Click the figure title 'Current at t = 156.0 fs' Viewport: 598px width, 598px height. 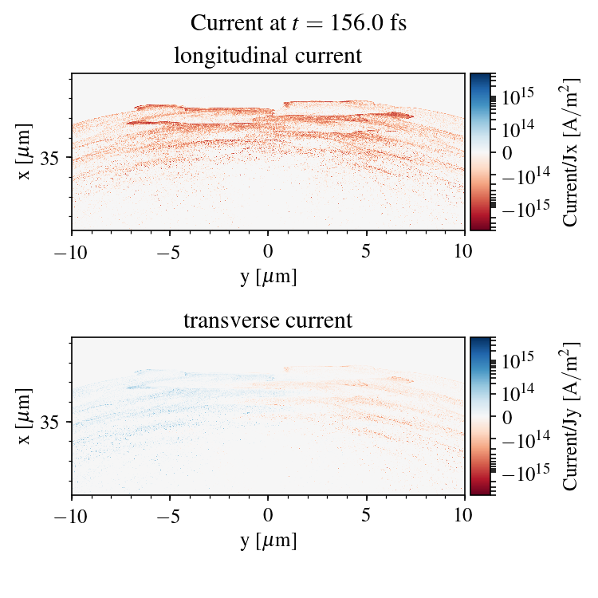click(x=298, y=23)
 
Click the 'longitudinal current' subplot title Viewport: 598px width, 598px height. click(x=268, y=57)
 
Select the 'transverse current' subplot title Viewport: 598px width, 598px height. click(x=268, y=321)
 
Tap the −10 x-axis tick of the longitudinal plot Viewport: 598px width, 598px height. click(x=72, y=251)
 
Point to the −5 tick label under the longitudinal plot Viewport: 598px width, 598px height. click(x=170, y=251)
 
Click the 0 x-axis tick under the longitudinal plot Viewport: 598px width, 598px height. click(x=269, y=251)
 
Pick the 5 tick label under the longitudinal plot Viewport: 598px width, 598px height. click(x=367, y=251)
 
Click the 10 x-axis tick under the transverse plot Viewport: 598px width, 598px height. click(x=465, y=516)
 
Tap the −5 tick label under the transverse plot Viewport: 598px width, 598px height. click(x=170, y=516)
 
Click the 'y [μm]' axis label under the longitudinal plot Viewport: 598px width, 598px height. click(x=268, y=276)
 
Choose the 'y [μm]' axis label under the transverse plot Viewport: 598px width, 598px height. click(x=268, y=541)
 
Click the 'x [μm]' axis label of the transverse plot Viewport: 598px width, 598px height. click(x=25, y=415)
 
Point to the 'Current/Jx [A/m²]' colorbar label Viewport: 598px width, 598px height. click(x=571, y=151)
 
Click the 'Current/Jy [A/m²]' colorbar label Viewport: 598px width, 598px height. click(x=571, y=416)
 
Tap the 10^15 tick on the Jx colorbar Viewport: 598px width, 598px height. click(x=517, y=95)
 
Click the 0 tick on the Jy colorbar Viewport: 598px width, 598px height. click(x=507, y=416)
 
